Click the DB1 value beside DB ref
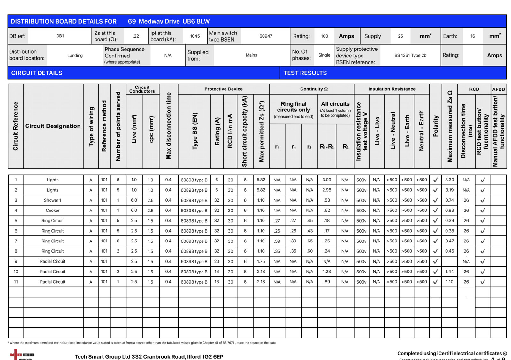click(60, 36)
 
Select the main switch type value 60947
click(266, 36)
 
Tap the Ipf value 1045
click(195, 36)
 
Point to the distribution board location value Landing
click(75, 55)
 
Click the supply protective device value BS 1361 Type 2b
click(410, 55)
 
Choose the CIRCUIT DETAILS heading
click(37, 73)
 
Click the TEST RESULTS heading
click(305, 73)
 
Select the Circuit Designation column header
click(53, 126)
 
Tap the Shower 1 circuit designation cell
click(53, 200)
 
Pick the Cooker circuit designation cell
click(53, 211)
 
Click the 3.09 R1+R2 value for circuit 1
click(327, 180)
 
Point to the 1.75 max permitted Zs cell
click(261, 261)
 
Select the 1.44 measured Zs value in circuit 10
click(449, 272)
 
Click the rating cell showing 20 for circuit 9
click(217, 261)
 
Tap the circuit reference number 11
click(16, 282)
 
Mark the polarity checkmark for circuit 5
click(435, 221)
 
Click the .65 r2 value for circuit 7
click(309, 241)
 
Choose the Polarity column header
click(436, 126)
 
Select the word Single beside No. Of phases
click(324, 55)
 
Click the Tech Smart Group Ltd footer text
click(149, 356)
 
